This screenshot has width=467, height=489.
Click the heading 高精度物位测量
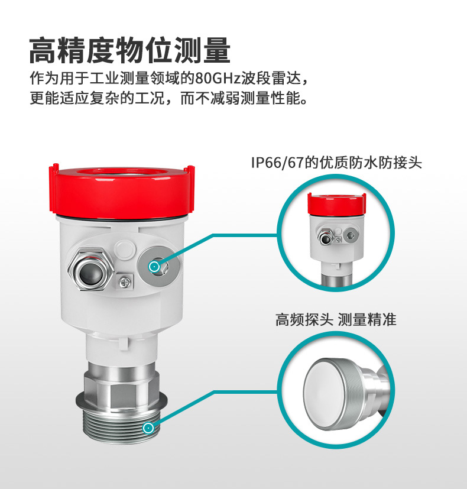click(x=129, y=50)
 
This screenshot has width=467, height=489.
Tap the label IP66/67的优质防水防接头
click(x=336, y=163)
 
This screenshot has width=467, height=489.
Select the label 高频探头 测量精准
click(x=336, y=320)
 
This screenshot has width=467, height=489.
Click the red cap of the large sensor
click(x=122, y=191)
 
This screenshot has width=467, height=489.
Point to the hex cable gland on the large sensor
click(x=90, y=269)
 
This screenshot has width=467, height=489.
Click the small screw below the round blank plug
click(x=125, y=282)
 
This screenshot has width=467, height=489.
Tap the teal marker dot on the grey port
click(x=154, y=267)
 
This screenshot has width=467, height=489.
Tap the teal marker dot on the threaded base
click(x=148, y=428)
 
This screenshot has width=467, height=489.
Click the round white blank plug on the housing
click(x=125, y=249)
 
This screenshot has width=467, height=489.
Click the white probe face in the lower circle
click(x=323, y=393)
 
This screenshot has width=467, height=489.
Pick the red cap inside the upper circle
click(x=337, y=205)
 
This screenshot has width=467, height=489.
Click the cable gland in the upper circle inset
click(x=326, y=238)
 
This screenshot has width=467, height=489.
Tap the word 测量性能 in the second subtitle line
click(x=271, y=98)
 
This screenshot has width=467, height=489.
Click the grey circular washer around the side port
click(x=158, y=265)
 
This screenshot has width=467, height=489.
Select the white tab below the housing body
click(x=123, y=344)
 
